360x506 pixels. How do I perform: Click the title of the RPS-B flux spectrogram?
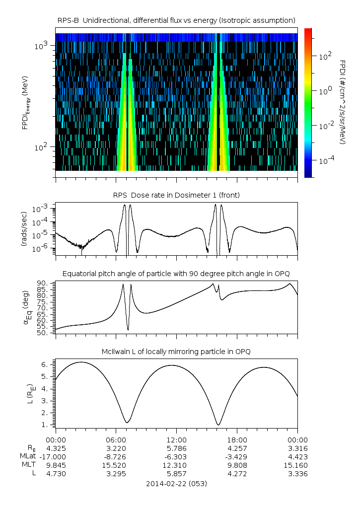(177, 20)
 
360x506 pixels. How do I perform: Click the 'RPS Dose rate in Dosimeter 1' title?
(177, 195)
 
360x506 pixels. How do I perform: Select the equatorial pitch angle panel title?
(177, 274)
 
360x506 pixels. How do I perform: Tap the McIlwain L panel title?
(177, 352)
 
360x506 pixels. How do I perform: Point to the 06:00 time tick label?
(116, 439)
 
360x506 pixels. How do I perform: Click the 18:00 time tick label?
(237, 439)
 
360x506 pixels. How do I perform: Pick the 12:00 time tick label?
(176, 439)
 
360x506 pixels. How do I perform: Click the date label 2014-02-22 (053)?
(177, 483)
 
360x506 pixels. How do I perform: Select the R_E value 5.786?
(176, 448)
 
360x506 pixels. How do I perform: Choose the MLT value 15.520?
(116, 465)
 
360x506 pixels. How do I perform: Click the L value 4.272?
(237, 473)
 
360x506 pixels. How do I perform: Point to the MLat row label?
(27, 456)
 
